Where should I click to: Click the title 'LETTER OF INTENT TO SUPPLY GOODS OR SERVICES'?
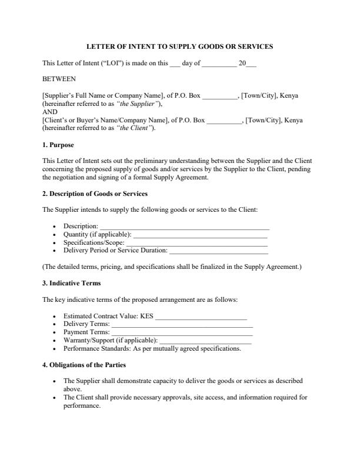coord(179,46)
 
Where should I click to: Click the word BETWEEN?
coord(59,78)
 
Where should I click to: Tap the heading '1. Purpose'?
coord(58,145)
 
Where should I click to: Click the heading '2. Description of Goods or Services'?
coord(95,194)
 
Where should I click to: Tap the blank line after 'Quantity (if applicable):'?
coord(201,234)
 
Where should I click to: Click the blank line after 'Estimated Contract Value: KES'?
coord(201,316)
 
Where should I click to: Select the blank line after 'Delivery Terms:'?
coord(182,324)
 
